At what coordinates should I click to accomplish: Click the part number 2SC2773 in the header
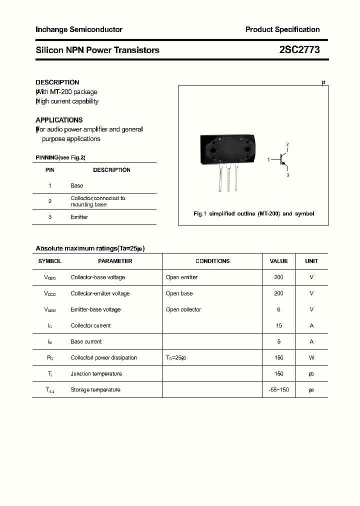[x=299, y=50]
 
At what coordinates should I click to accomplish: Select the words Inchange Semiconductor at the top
[x=79, y=29]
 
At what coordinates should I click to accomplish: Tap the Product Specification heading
[x=282, y=29]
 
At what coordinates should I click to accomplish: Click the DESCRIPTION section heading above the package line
[x=57, y=82]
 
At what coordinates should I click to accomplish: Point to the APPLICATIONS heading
[x=59, y=120]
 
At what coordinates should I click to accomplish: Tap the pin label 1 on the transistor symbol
[x=268, y=159]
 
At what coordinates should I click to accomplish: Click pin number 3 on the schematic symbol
[x=287, y=175]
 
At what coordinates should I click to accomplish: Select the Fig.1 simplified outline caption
[x=253, y=213]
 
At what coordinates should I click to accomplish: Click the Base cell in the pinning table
[x=77, y=185]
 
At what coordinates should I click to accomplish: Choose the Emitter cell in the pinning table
[x=79, y=217]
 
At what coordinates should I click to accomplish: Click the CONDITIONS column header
[x=212, y=261]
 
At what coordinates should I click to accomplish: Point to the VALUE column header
[x=278, y=261]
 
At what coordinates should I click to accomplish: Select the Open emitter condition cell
[x=181, y=277]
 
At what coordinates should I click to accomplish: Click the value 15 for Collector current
[x=279, y=325]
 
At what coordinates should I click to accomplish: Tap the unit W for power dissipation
[x=311, y=357]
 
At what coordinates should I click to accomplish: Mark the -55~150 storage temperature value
[x=279, y=389]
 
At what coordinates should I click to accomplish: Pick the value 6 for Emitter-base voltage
[x=279, y=309]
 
